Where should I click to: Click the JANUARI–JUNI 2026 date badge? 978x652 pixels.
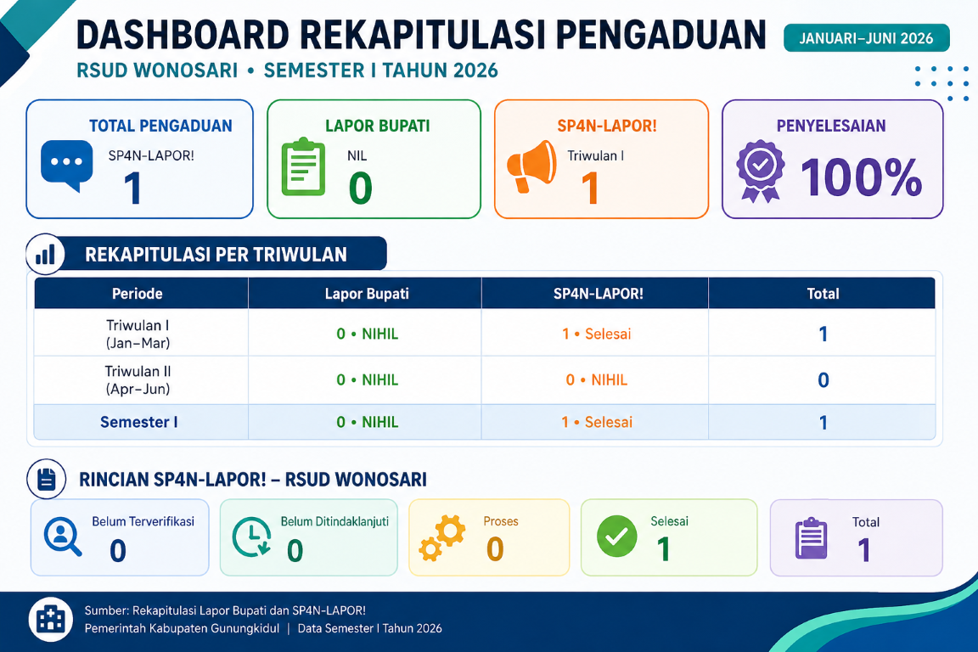pyautogui.click(x=866, y=38)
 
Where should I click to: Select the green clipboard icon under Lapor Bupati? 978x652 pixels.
pyautogui.click(x=303, y=166)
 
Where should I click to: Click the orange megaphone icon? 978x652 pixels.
pyautogui.click(x=531, y=166)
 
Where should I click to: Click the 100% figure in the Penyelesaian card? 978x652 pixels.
pyautogui.click(x=862, y=177)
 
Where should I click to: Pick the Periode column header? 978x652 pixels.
pyautogui.click(x=138, y=294)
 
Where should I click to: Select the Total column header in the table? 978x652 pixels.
pyautogui.click(x=823, y=294)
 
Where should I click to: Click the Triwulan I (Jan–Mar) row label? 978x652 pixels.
pyautogui.click(x=138, y=334)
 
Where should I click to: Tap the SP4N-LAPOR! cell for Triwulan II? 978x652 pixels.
pyautogui.click(x=596, y=380)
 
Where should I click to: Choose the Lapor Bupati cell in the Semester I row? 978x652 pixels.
pyautogui.click(x=367, y=423)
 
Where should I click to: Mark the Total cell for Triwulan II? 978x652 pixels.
pyautogui.click(x=823, y=380)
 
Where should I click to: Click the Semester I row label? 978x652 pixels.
pyautogui.click(x=139, y=423)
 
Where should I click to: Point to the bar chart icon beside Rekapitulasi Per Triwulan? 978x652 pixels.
pyautogui.click(x=46, y=254)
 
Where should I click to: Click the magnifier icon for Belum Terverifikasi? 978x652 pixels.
pyautogui.click(x=62, y=537)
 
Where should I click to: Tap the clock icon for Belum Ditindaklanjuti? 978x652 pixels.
pyautogui.click(x=252, y=537)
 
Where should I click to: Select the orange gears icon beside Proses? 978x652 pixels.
pyautogui.click(x=442, y=537)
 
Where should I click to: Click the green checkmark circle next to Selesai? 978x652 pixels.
pyautogui.click(x=617, y=536)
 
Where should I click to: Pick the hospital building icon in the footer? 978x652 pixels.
pyautogui.click(x=51, y=620)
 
